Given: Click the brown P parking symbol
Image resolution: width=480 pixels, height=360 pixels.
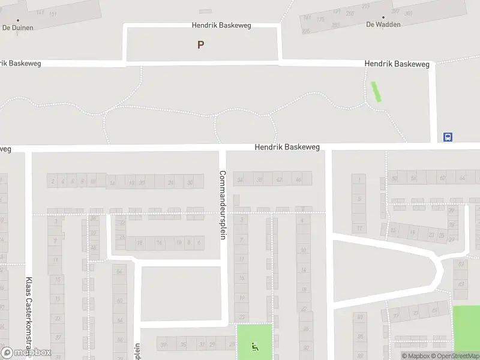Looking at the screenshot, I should point(200,44).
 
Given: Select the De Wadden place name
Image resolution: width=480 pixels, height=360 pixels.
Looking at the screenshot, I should point(383,25).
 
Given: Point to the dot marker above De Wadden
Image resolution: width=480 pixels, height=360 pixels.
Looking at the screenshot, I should point(383,17).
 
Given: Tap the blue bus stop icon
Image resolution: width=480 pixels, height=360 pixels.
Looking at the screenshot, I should point(448,137).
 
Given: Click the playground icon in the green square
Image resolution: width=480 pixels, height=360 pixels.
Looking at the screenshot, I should point(254,346).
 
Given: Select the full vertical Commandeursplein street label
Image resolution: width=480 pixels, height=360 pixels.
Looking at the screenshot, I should point(222,205).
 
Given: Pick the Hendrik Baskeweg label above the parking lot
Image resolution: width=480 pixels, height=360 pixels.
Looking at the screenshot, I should point(221,26).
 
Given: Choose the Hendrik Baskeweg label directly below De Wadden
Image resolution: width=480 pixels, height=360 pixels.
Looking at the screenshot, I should point(398,64).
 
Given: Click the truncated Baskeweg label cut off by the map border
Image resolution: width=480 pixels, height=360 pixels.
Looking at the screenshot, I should point(20,64).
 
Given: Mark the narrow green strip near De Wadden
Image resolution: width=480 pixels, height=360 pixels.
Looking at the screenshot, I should point(376,91).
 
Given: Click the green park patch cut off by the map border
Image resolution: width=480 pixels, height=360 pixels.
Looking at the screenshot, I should point(466,328).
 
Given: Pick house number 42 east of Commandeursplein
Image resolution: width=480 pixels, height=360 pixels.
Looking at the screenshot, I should point(279,179).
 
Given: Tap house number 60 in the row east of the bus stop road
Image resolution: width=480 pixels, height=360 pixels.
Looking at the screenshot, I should point(442,178).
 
